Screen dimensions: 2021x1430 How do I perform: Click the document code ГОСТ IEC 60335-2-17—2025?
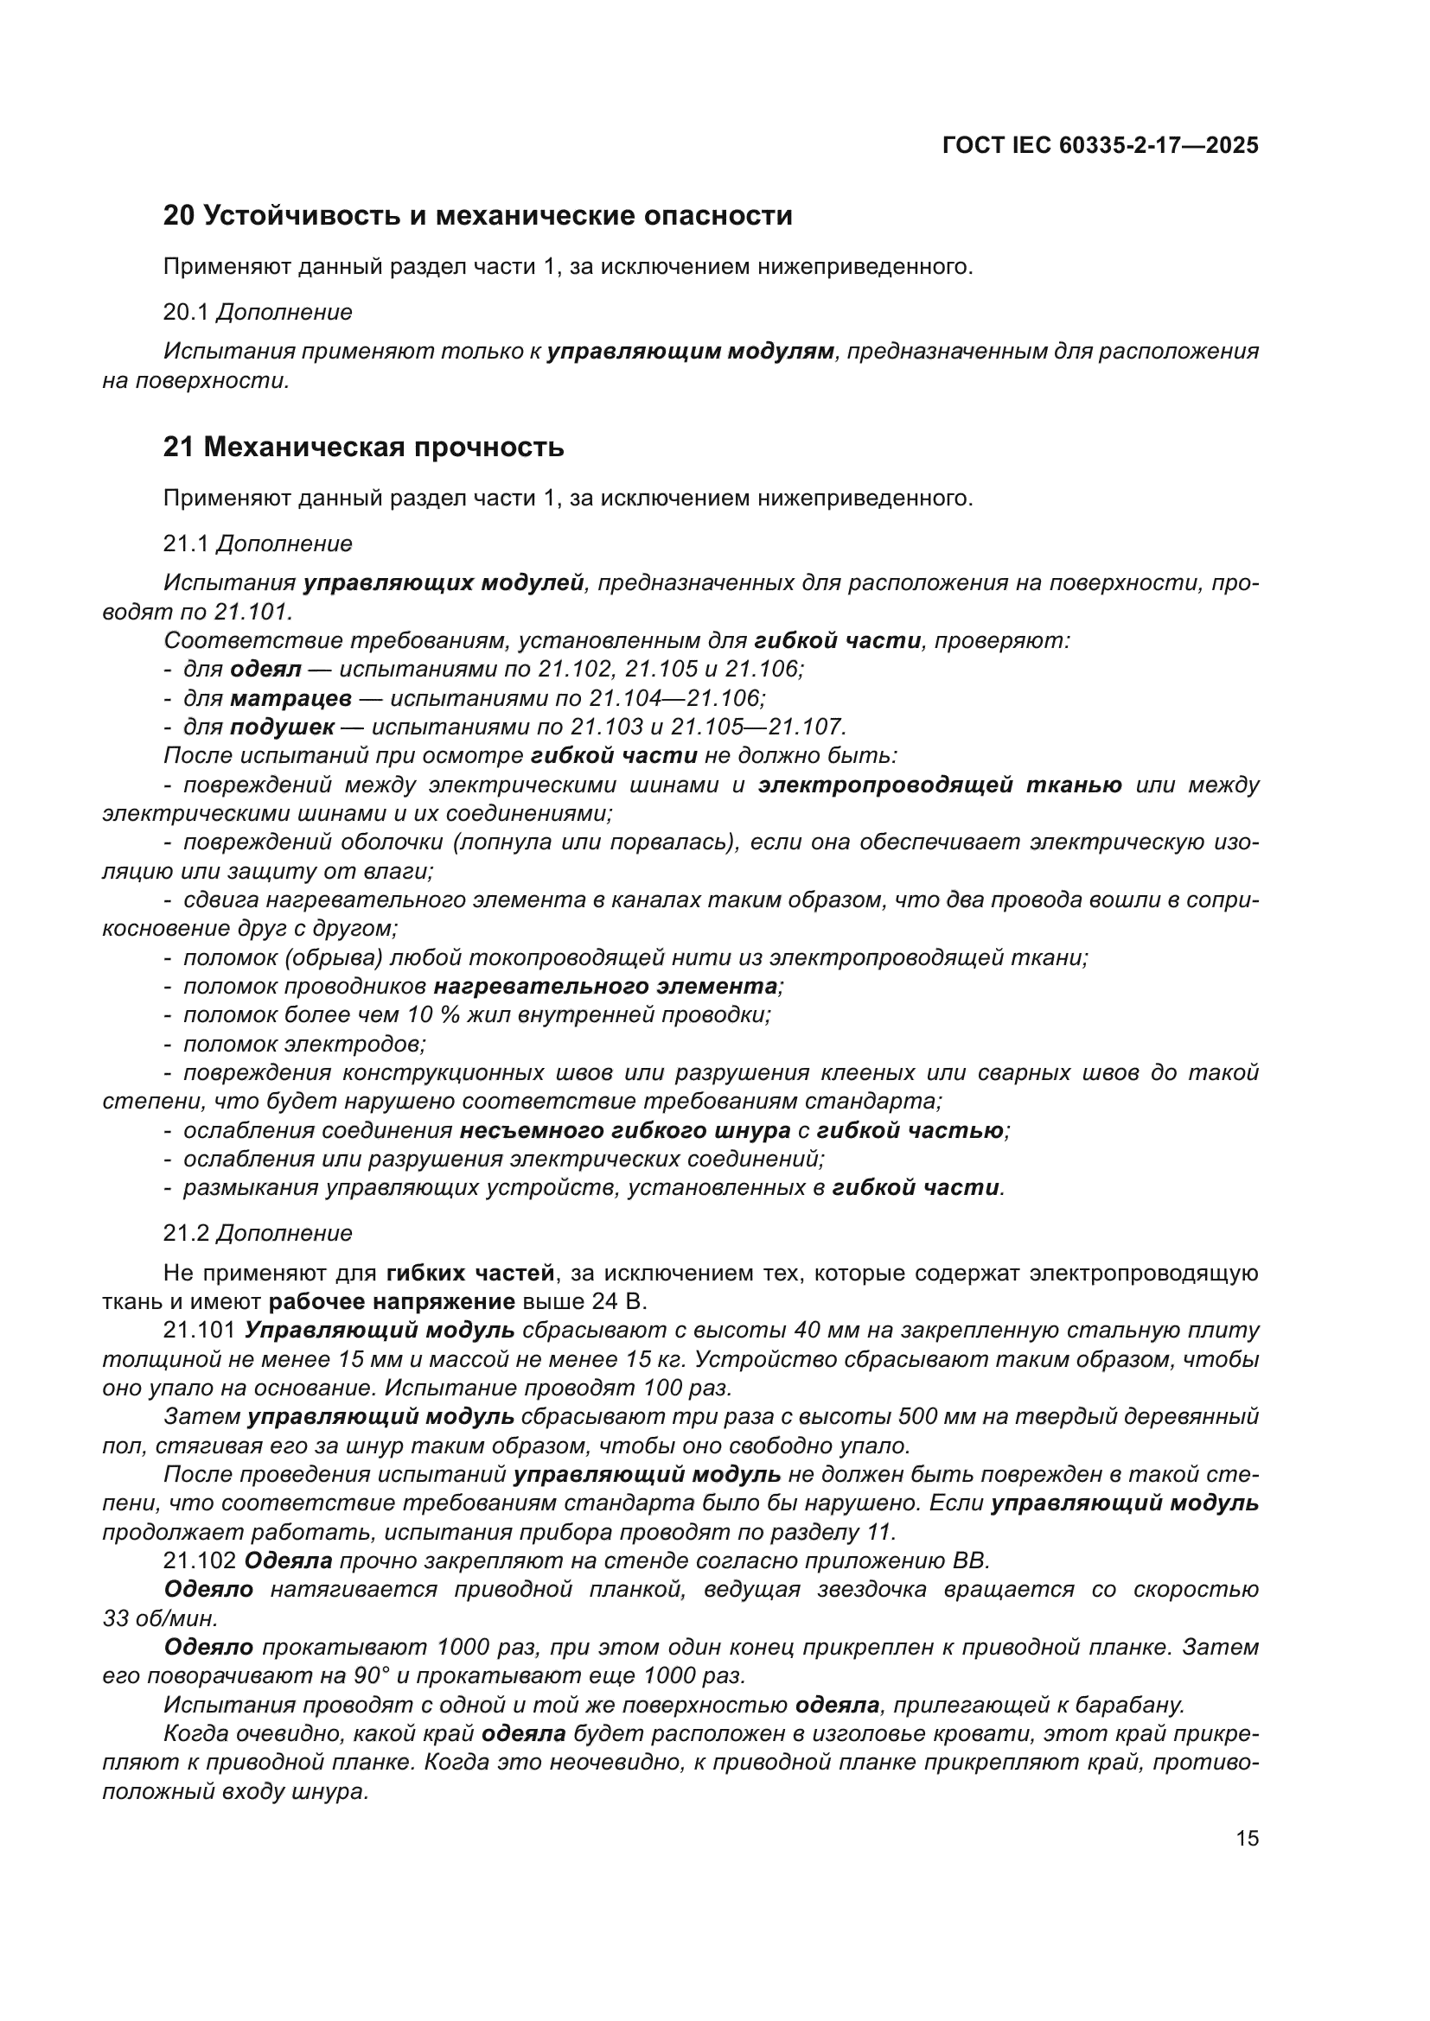(x=1100, y=145)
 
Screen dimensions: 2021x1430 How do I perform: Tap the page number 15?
(x=1247, y=1838)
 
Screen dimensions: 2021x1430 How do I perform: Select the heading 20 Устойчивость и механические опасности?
(x=477, y=216)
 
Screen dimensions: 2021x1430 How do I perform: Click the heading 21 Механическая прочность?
(x=363, y=448)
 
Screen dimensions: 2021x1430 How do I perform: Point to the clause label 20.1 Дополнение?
(x=257, y=312)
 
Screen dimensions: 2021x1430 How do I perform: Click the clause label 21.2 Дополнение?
(x=257, y=1233)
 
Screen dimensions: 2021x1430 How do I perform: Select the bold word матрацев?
(x=290, y=698)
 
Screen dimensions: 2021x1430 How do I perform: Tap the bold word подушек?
(x=282, y=727)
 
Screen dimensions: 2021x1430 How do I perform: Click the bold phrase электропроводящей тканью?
(x=940, y=785)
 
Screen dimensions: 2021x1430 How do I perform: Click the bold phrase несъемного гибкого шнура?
(x=624, y=1130)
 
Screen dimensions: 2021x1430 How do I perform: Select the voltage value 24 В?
(x=619, y=1302)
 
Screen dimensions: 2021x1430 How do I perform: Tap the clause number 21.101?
(x=199, y=1330)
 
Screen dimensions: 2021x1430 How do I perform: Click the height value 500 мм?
(x=933, y=1416)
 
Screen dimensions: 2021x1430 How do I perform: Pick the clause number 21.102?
(x=199, y=1560)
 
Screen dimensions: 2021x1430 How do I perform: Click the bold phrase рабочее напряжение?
(x=391, y=1302)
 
